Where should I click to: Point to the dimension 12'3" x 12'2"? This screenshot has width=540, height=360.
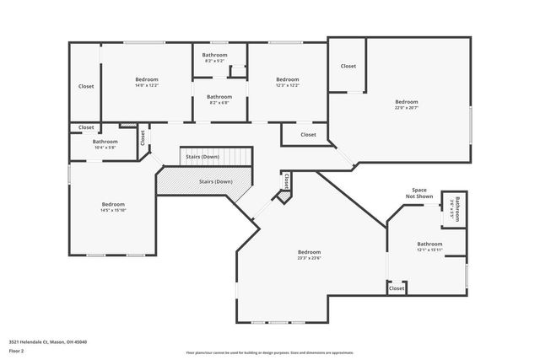(x=288, y=85)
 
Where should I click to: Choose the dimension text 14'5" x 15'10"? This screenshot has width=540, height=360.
(x=113, y=210)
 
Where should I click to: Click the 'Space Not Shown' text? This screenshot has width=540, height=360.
(x=424, y=192)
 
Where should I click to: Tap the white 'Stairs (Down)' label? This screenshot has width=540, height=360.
(x=203, y=157)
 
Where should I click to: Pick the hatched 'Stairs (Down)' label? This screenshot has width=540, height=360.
(x=215, y=181)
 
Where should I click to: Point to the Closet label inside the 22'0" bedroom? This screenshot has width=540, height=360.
(x=348, y=66)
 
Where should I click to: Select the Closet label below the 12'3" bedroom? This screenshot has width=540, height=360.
(x=308, y=134)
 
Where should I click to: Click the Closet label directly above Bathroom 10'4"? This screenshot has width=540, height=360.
(x=86, y=127)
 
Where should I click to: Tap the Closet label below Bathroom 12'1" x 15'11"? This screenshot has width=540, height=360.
(x=397, y=288)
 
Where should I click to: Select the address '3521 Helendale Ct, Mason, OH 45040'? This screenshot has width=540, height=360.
(x=47, y=341)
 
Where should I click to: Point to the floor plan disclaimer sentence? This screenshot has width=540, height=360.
(x=269, y=352)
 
